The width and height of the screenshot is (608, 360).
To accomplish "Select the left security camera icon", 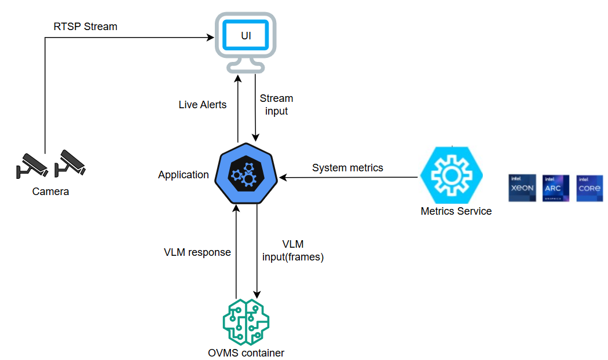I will click(x=31, y=164).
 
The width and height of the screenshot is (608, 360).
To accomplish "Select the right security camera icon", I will click(x=70, y=163).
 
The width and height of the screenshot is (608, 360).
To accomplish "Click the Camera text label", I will click(x=50, y=192).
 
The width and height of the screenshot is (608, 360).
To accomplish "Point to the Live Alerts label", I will click(x=202, y=105).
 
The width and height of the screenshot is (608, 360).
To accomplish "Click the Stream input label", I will click(x=276, y=105).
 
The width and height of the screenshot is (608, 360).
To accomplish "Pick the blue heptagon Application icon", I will click(x=246, y=174).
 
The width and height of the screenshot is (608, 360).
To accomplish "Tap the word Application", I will click(x=183, y=175).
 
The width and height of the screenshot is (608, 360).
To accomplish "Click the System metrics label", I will click(x=347, y=168).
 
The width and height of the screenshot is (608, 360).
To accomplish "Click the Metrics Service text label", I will click(x=456, y=211).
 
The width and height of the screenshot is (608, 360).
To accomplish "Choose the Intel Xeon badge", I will click(x=522, y=188).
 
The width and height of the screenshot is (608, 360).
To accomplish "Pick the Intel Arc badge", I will click(x=555, y=188).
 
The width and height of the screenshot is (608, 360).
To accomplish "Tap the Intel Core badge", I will click(x=589, y=188).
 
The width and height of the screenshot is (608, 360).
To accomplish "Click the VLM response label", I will click(x=197, y=252).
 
